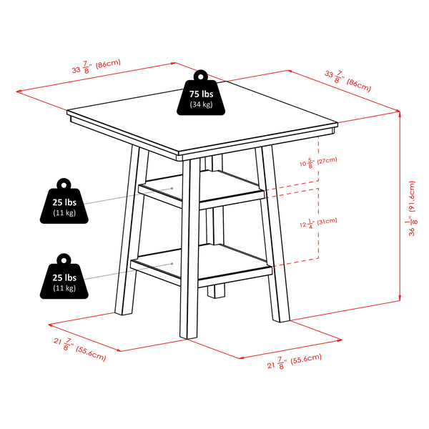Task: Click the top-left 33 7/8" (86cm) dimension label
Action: tap(96, 66)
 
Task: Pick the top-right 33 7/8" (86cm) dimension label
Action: tap(347, 79)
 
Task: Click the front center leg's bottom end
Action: tap(190, 334)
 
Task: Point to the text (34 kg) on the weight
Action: tap(201, 105)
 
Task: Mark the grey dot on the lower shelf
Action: tap(174, 264)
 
